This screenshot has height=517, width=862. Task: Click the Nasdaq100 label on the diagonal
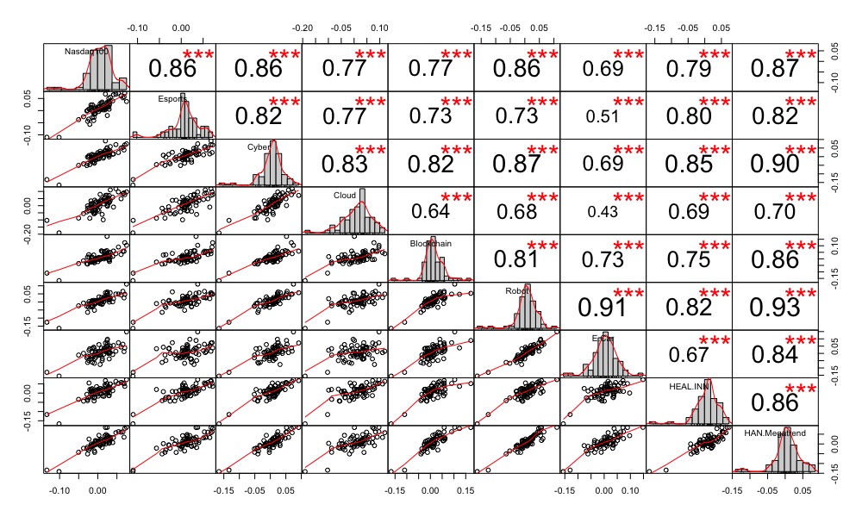pos(84,52)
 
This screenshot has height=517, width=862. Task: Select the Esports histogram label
pos(172,99)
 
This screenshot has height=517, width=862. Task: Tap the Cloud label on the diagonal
pos(345,196)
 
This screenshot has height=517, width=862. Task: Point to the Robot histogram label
pos(516,291)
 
